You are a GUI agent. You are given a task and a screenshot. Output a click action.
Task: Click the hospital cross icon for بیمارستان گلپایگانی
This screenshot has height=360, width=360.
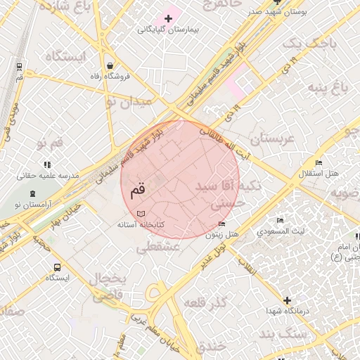point(168,18)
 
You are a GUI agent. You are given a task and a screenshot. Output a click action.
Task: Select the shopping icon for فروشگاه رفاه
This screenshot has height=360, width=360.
point(110,66)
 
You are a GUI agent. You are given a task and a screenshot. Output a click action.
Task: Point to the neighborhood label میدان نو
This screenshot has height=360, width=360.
point(128,101)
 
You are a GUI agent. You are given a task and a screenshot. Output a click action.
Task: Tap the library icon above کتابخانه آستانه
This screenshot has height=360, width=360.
point(141,212)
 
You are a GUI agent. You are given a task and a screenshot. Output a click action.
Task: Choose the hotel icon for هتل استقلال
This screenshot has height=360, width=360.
point(319,163)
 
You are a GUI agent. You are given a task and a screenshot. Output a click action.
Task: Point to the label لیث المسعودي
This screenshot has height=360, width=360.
point(281,231)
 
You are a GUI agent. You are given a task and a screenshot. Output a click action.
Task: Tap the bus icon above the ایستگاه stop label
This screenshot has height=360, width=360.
point(57,267)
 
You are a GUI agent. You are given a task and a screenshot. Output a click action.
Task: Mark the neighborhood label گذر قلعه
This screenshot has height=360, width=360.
point(203,302)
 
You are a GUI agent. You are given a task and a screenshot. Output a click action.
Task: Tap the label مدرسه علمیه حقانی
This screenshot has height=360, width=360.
point(53,175)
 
